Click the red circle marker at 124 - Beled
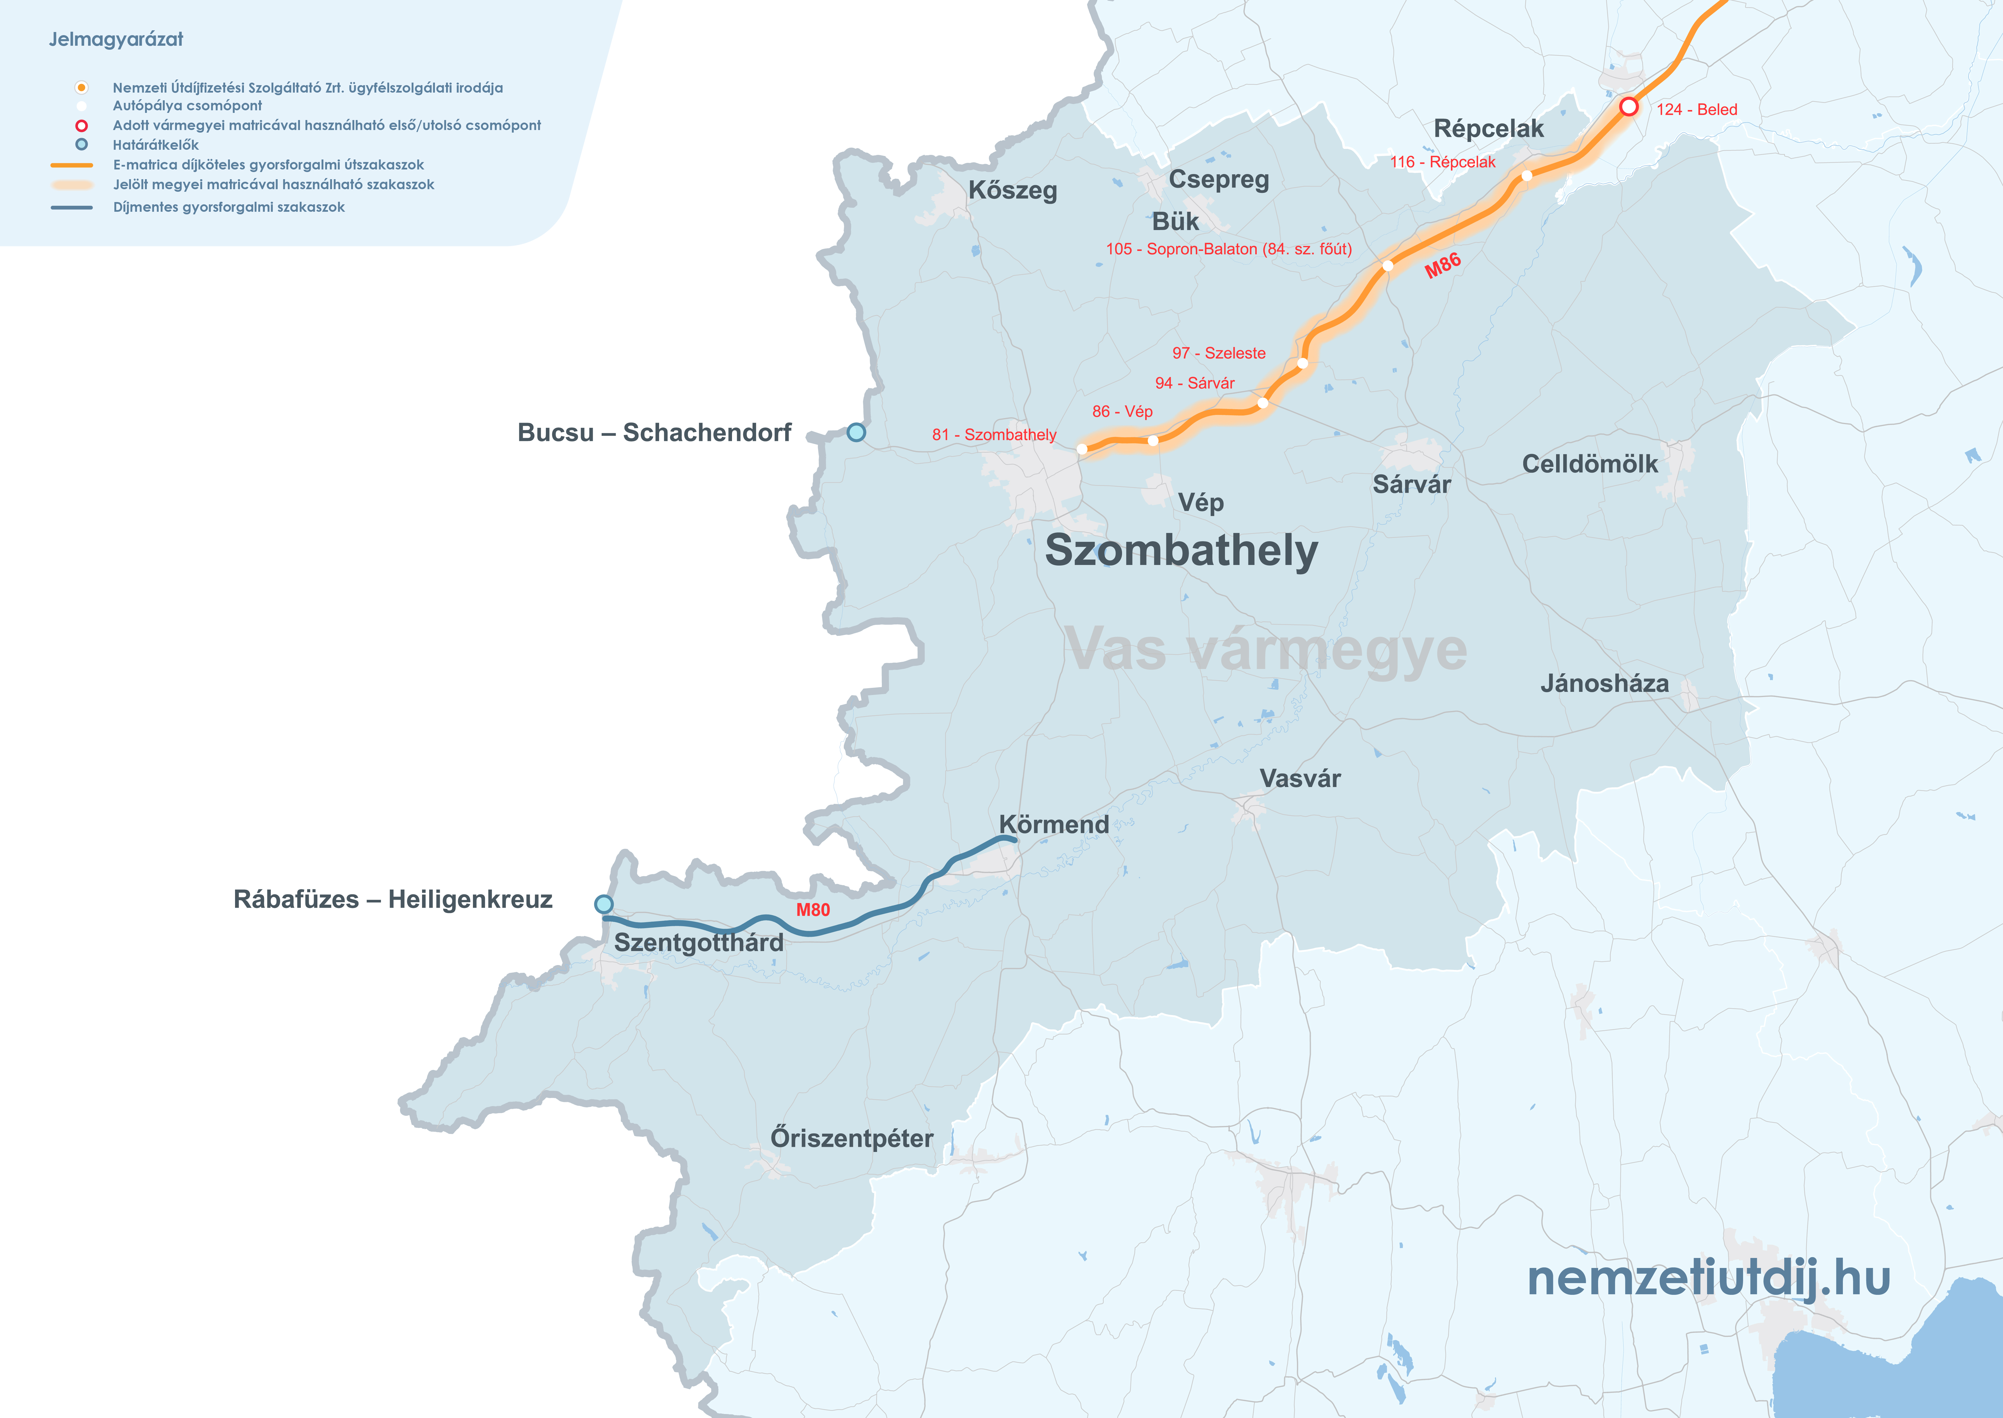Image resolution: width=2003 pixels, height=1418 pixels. click(1628, 107)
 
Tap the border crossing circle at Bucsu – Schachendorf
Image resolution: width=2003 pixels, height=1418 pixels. click(856, 432)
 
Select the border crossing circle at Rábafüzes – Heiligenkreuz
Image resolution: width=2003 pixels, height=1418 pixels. click(604, 904)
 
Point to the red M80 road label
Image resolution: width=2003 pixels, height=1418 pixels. click(812, 910)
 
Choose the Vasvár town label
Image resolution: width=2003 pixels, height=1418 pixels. click(1300, 778)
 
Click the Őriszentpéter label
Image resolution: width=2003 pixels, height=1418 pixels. click(852, 1139)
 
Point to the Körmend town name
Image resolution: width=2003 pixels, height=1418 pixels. click(1053, 824)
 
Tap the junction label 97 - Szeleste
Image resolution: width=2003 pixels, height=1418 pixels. click(1219, 353)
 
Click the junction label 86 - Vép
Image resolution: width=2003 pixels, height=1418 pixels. click(1123, 411)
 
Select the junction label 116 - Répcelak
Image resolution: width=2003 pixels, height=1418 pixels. click(1442, 161)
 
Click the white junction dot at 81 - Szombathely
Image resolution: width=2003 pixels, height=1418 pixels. click(1081, 449)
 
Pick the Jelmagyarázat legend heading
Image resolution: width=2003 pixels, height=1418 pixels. click(116, 39)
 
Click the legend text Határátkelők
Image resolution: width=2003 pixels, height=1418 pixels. click(156, 145)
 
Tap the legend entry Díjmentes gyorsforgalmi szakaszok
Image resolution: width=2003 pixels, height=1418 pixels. click(229, 207)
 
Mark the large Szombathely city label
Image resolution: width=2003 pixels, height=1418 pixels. click(1181, 550)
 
